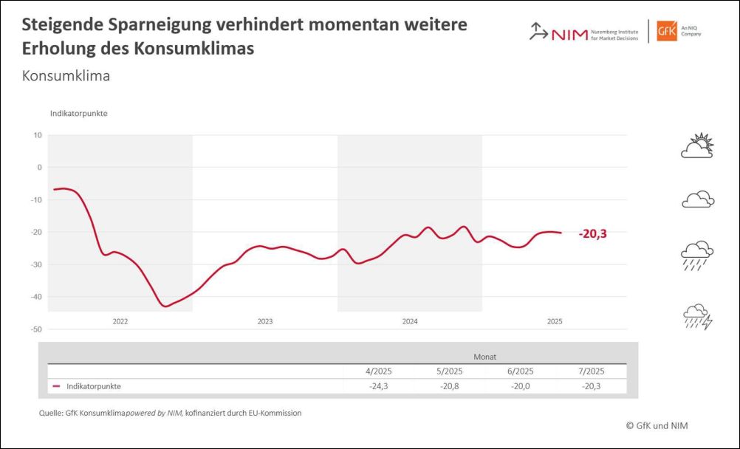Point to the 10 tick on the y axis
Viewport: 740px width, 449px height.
point(38,135)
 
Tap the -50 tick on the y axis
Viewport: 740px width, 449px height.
point(36,329)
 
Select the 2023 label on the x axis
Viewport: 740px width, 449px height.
point(265,321)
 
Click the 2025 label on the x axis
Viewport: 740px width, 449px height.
point(555,321)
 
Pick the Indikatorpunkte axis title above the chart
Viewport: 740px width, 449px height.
point(79,113)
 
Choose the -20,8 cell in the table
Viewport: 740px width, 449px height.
point(448,386)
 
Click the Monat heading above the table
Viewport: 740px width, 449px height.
point(484,356)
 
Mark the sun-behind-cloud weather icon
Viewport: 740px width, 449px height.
point(697,145)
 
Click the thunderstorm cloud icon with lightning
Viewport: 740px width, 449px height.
point(697,317)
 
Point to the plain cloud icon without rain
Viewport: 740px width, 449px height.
point(697,199)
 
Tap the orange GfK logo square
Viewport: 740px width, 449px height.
point(667,32)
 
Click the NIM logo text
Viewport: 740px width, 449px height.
point(569,33)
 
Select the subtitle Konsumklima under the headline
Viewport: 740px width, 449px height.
point(66,75)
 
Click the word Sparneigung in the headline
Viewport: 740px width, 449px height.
point(153,24)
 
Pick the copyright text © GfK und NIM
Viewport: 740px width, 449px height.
point(657,425)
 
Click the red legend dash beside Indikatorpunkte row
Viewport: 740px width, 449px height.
point(56,386)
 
